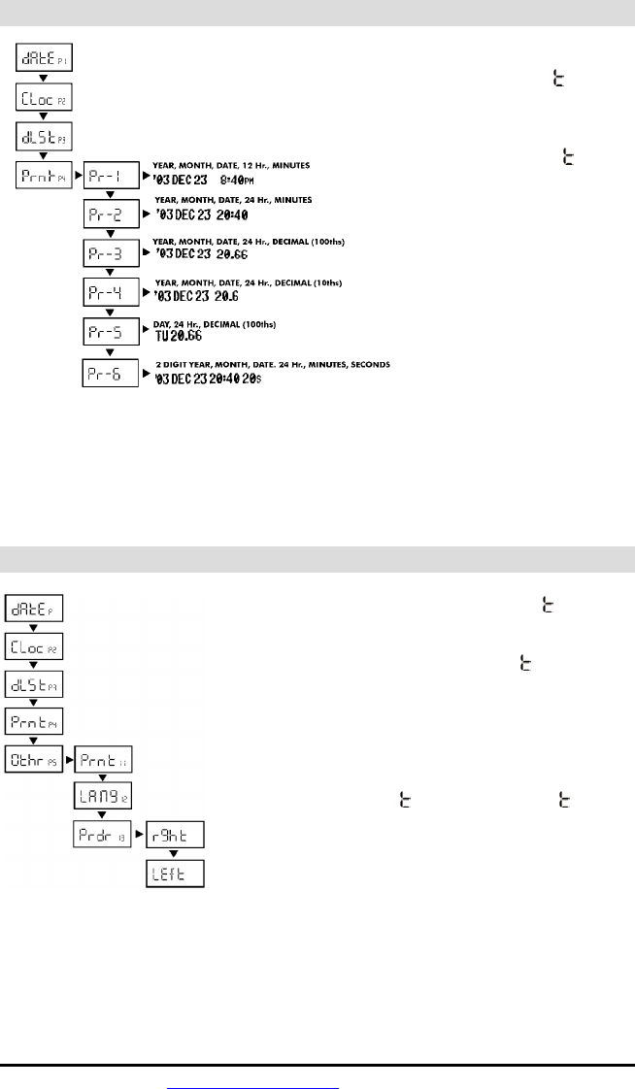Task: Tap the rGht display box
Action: (175, 835)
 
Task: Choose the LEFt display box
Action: (175, 873)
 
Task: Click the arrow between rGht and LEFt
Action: (175, 854)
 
